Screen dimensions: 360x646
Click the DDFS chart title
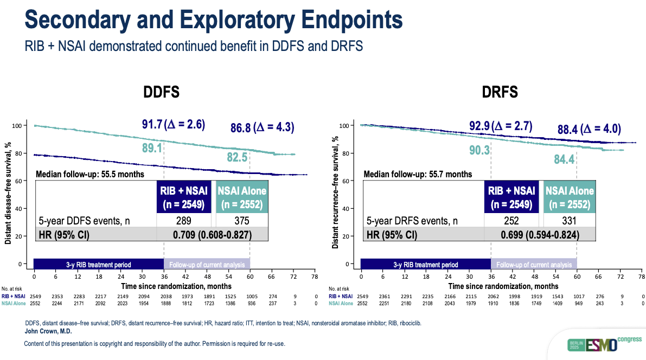pyautogui.click(x=161, y=92)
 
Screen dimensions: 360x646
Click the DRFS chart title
pyautogui.click(x=500, y=92)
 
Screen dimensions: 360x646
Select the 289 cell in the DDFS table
pyautogui.click(x=183, y=221)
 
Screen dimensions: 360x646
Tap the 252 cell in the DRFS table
pyautogui.click(x=511, y=221)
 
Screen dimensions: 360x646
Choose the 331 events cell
pyautogui.click(x=569, y=221)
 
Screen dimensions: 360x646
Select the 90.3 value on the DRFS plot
pyautogui.click(x=473, y=150)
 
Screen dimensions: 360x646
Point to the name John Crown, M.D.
pyautogui.click(x=49, y=331)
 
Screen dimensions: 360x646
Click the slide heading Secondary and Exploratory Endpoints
pyautogui.click(x=214, y=20)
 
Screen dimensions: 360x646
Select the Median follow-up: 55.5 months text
pyautogui.click(x=89, y=175)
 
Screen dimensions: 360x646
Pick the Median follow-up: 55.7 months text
pyautogui.click(x=418, y=175)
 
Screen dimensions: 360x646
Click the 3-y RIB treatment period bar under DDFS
pyautogui.click(x=99, y=265)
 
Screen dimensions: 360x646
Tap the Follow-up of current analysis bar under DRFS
pyautogui.click(x=534, y=265)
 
